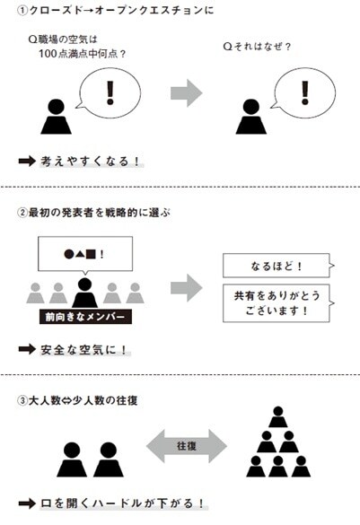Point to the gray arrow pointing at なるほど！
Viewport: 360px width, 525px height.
187,284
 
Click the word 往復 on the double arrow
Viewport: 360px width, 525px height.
187,445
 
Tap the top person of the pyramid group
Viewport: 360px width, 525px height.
276,415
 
